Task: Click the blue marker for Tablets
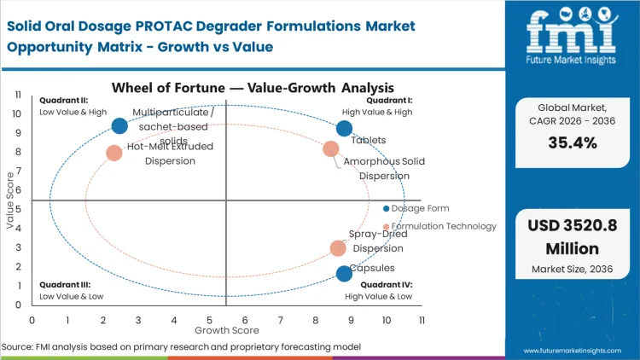[344, 129]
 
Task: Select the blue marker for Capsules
[344, 274]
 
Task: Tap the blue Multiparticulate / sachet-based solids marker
[119, 126]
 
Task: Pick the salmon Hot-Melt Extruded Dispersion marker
[114, 154]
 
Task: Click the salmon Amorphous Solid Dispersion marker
[331, 149]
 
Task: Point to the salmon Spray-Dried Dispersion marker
[338, 248]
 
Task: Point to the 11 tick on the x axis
[422, 319]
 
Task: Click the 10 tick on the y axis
[18, 113]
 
